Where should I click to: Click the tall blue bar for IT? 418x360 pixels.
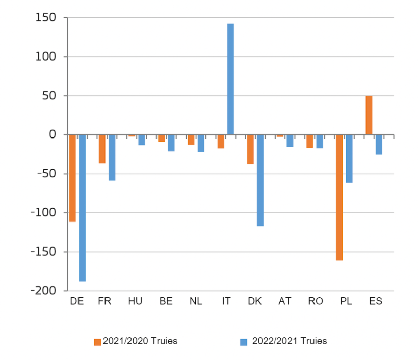point(230,79)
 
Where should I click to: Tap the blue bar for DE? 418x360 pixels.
point(82,207)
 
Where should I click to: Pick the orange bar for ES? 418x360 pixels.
point(369,115)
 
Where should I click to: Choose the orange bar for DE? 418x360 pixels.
point(72,178)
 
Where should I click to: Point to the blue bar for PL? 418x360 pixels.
point(349,158)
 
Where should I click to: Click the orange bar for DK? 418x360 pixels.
point(250,149)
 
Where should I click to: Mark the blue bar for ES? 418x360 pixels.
point(379,144)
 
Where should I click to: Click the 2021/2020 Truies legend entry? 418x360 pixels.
point(136,341)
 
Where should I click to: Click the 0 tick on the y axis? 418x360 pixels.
point(51,135)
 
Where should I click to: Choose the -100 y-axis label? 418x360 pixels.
point(44,212)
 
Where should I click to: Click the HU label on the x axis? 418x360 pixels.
point(135,301)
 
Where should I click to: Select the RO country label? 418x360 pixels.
point(316,301)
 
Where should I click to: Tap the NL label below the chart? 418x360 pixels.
point(196,301)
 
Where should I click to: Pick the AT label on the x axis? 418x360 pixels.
point(285,301)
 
